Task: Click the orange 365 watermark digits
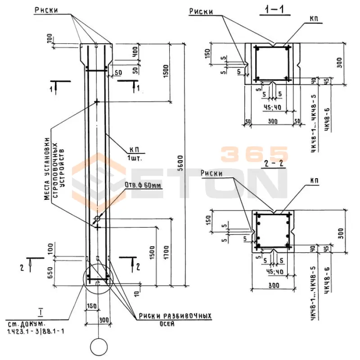254,154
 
